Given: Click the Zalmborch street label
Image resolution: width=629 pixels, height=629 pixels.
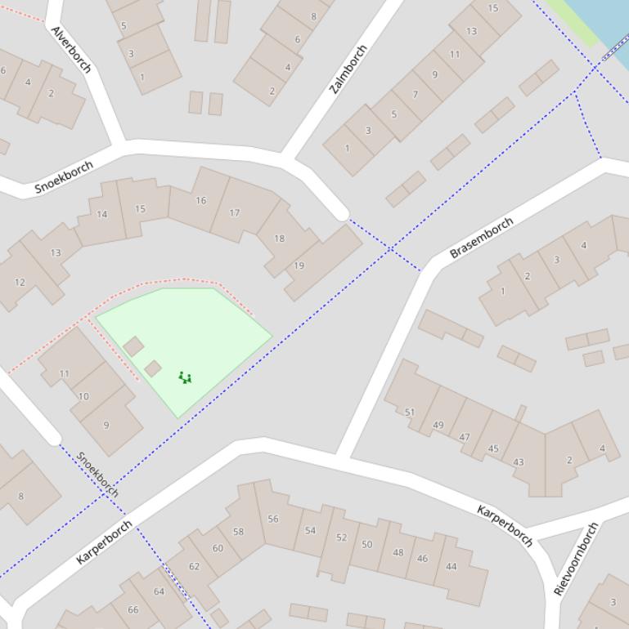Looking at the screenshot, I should (x=348, y=69).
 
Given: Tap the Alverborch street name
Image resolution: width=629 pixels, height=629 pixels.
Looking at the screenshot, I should (x=70, y=49).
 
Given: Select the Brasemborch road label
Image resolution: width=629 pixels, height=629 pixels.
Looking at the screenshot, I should (x=482, y=238).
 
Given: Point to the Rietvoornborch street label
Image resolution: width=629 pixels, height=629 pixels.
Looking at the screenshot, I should (x=576, y=560).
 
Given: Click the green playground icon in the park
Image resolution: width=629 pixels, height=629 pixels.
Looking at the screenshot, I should (x=185, y=377).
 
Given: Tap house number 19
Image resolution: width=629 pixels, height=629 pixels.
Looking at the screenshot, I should (x=299, y=265).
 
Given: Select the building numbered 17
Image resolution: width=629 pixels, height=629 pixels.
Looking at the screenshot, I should (x=235, y=213).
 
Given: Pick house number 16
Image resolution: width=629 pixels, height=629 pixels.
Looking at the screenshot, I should (x=201, y=200).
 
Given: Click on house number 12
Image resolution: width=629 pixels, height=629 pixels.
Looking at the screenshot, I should (x=20, y=283).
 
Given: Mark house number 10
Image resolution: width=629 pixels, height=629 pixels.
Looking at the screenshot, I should (x=83, y=396).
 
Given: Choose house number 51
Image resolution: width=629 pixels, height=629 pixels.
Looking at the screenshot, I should (x=410, y=413).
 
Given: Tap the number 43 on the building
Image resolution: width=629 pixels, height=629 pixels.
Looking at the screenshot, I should (x=519, y=462).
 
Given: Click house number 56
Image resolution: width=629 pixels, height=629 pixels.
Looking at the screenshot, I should (x=273, y=519).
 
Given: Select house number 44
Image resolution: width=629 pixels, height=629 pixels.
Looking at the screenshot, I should (x=452, y=566).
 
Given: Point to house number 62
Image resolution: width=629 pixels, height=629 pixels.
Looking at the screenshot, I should (x=194, y=566).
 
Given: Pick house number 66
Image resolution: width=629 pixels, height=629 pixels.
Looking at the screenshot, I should (x=133, y=609).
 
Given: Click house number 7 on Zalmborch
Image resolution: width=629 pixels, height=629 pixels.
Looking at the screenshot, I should (x=415, y=94).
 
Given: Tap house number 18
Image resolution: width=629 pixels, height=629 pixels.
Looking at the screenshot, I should (x=279, y=239).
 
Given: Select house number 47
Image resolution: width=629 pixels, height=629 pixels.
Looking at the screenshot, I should (x=465, y=437).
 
